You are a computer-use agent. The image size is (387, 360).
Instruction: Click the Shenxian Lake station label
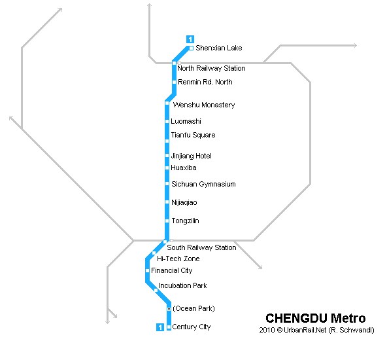pyautogui.click(x=219, y=48)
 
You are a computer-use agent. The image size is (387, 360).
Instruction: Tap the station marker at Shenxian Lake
pyautogui.click(x=191, y=48)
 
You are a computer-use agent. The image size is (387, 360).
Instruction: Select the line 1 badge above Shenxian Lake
pyautogui.click(x=190, y=39)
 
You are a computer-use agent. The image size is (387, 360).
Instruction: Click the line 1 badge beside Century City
pyautogui.click(x=160, y=327)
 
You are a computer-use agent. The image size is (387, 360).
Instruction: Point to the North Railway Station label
pyautogui.click(x=211, y=68)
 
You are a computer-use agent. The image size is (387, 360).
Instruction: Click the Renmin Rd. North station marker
pyautogui.click(x=174, y=82)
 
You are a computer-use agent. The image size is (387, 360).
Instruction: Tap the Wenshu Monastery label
pyautogui.click(x=204, y=105)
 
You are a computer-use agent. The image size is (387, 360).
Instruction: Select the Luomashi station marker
pyautogui.click(x=167, y=121)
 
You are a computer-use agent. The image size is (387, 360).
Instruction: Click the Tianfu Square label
pyautogui.click(x=193, y=135)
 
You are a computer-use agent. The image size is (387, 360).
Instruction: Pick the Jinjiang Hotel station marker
pyautogui.click(x=167, y=156)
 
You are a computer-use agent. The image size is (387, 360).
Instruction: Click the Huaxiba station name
pyautogui.click(x=184, y=168)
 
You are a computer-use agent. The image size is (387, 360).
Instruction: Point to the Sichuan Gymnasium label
pyautogui.click(x=203, y=184)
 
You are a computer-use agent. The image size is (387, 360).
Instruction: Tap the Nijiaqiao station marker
pyautogui.click(x=167, y=202)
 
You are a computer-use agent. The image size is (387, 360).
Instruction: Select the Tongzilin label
pyautogui.click(x=186, y=221)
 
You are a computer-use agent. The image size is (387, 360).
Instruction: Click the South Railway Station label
pyautogui.click(x=201, y=247)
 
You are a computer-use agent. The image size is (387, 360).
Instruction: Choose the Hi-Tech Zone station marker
pyautogui.click(x=154, y=253)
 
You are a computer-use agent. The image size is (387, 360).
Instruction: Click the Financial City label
pyautogui.click(x=172, y=270)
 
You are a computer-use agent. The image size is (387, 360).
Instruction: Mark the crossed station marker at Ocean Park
pyautogui.click(x=169, y=309)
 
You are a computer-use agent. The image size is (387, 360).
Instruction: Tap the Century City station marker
pyautogui.click(x=169, y=327)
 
